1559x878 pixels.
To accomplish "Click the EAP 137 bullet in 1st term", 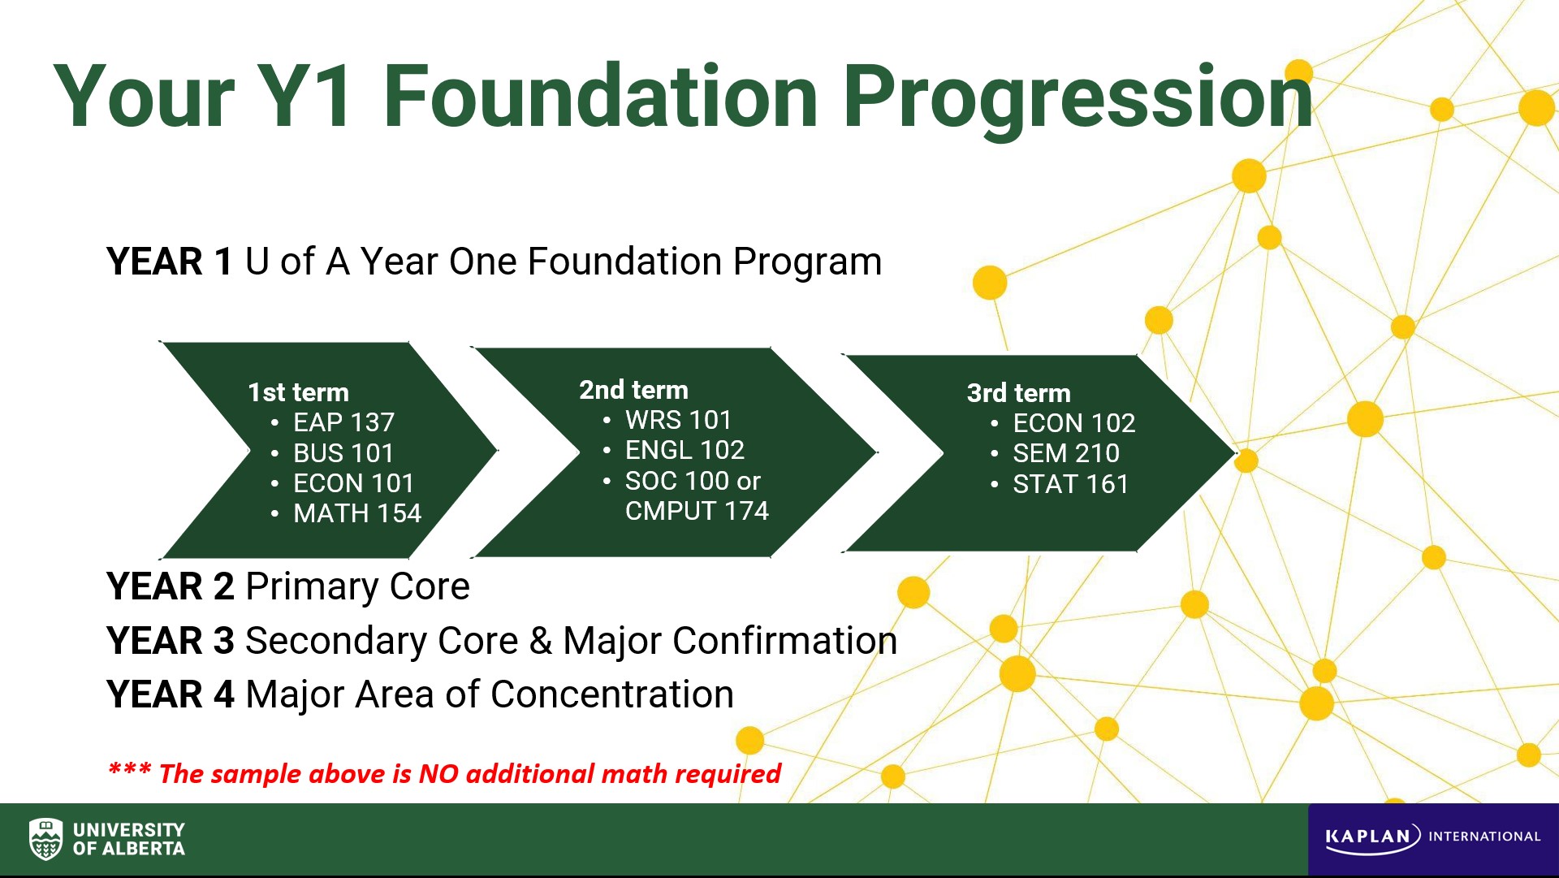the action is [343, 422].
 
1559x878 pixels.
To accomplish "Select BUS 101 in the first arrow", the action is [343, 452].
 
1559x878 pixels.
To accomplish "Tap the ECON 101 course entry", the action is [353, 483].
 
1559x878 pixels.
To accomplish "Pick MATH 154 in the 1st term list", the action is [357, 513].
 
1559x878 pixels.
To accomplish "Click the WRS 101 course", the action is [678, 420].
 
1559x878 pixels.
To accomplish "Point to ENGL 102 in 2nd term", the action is [684, 450].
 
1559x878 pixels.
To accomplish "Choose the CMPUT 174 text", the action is [697, 511].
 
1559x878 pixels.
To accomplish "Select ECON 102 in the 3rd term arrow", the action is [1073, 423].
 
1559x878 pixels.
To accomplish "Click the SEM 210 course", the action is [1065, 453].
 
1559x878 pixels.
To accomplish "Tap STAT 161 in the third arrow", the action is [1070, 484].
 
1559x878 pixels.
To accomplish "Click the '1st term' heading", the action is [298, 392].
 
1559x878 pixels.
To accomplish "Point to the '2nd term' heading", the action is [633, 390].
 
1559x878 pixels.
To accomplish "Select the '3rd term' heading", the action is [1018, 393].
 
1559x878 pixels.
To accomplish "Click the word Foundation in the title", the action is [600, 97].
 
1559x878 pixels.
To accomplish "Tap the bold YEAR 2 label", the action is [171, 586].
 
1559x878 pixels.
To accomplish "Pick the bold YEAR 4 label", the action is [171, 694].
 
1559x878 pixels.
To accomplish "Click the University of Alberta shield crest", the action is [45, 839].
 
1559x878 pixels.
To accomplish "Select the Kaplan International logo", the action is [1432, 837].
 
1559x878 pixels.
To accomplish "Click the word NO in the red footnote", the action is [438, 774].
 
